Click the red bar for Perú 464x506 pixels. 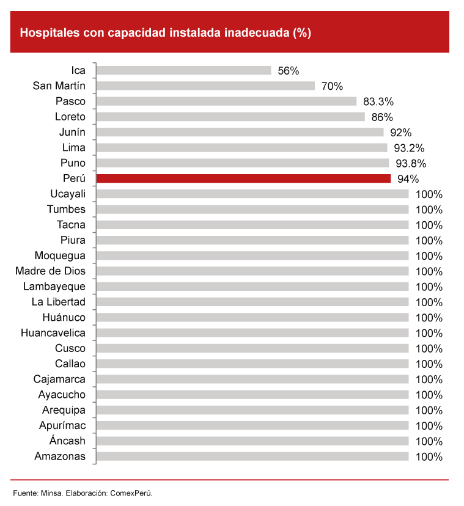243,178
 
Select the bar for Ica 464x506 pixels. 183,70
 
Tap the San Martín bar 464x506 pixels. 205,86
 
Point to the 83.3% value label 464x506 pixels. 378,101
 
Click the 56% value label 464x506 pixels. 288,70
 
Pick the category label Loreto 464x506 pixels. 70,117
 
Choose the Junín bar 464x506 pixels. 240,132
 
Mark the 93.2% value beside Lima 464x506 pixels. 409,148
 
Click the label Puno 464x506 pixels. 73,163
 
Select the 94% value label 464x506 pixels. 408,179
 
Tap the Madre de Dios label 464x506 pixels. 51,271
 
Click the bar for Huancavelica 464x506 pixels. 252,333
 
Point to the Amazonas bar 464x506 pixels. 252,456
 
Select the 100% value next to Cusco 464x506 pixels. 429,348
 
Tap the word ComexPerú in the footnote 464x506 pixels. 131,493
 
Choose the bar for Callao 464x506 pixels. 252,364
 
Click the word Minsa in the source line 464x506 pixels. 51,493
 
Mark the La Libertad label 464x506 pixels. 59,302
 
